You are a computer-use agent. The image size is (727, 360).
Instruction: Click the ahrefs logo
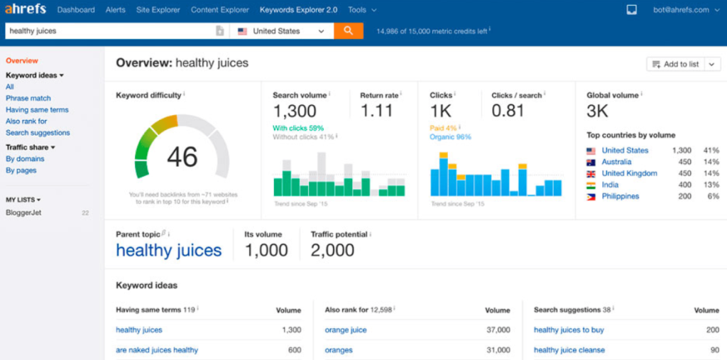tap(26, 9)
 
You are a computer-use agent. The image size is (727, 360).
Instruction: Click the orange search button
tap(348, 31)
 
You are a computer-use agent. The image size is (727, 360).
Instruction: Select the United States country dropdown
tap(281, 31)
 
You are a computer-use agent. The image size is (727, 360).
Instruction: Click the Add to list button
tap(676, 65)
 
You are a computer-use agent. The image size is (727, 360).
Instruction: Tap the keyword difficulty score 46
tap(182, 157)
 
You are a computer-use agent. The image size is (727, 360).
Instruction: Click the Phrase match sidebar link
tap(28, 99)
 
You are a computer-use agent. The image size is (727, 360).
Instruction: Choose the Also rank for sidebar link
tap(26, 121)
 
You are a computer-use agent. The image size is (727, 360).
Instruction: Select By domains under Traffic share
tap(25, 158)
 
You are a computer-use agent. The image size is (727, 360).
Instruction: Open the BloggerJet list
tap(23, 213)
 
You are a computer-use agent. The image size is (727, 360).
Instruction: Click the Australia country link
tap(617, 162)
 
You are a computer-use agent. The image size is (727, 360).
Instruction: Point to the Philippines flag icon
tap(591, 196)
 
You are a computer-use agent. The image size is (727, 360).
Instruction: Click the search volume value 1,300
tap(295, 111)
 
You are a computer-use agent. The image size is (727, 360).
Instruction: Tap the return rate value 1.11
tap(376, 111)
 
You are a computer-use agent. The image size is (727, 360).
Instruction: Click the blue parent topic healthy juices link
tap(169, 251)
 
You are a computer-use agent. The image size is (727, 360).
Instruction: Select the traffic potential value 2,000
tap(332, 251)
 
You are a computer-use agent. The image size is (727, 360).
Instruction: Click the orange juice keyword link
tap(346, 330)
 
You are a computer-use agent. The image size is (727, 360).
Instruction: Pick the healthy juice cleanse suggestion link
tap(569, 350)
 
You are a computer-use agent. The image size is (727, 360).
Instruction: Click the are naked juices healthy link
tap(157, 350)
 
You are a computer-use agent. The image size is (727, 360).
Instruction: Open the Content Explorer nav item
tap(220, 10)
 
